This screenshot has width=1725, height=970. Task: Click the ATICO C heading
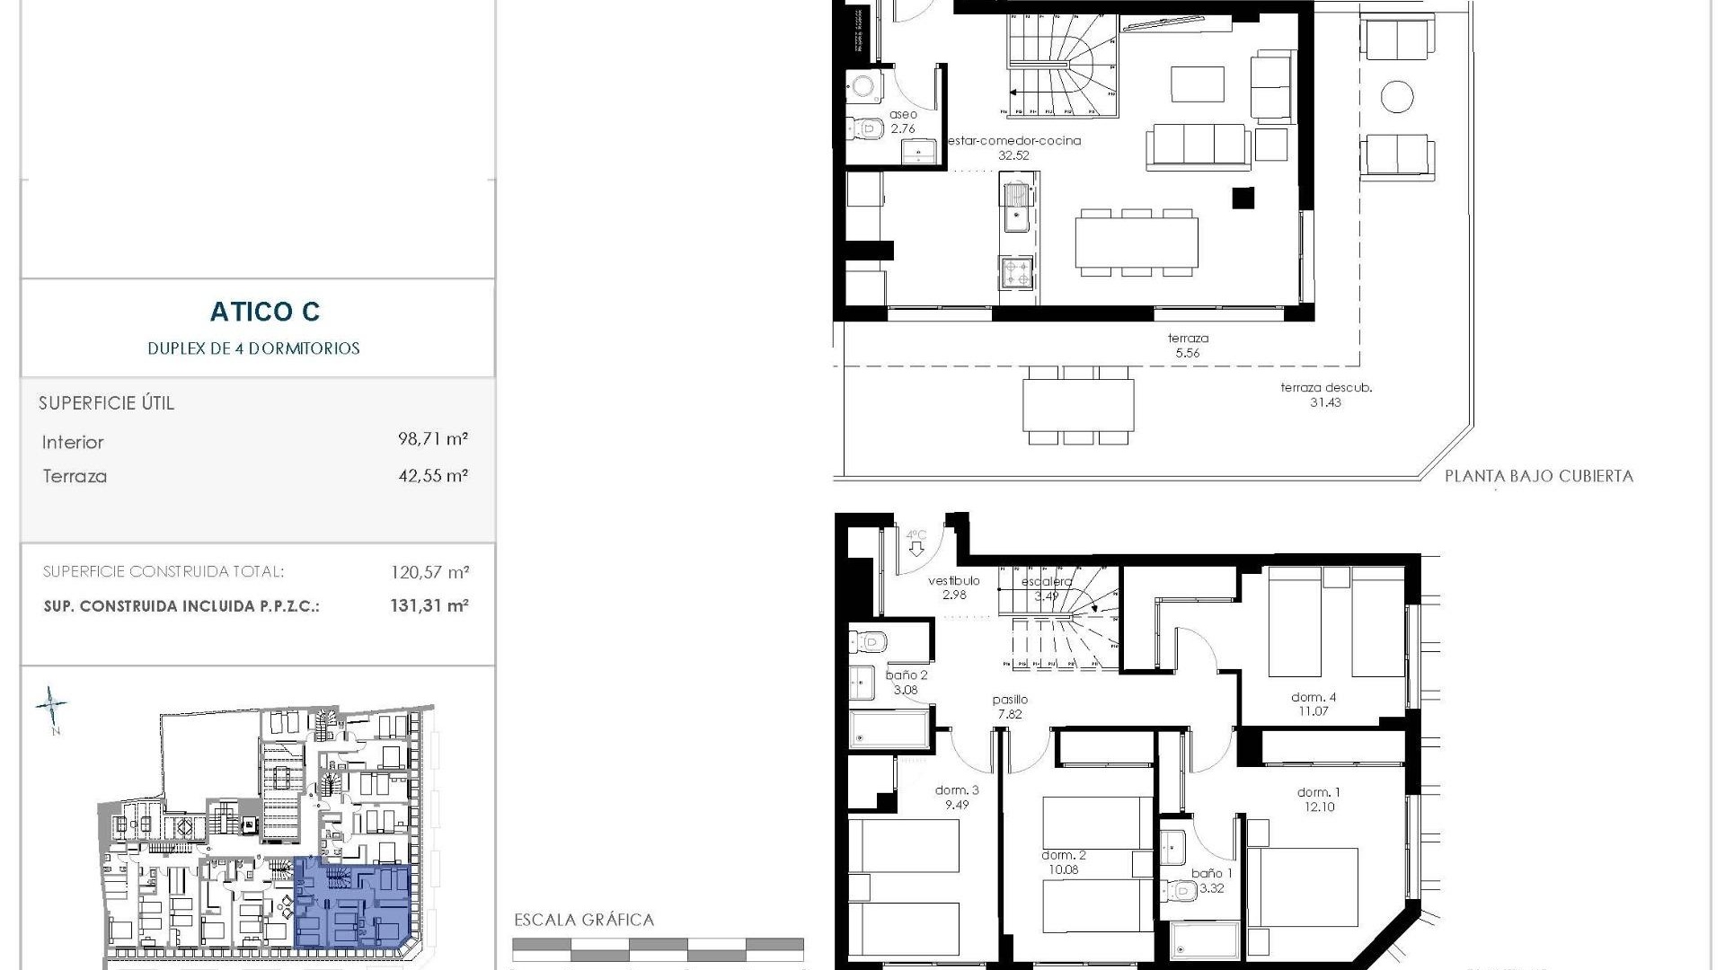coord(265,312)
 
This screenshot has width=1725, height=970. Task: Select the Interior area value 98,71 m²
coord(433,439)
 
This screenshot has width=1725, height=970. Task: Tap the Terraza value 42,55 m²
coord(433,475)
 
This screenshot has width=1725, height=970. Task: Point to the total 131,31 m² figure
coord(429,605)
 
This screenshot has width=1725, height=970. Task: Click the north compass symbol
coord(51,707)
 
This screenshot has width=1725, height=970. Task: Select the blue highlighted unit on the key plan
coord(352,903)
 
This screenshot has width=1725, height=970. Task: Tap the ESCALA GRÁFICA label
coord(584,920)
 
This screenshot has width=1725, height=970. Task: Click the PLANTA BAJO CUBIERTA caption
coord(1538,476)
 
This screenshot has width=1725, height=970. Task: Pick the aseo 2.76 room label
coord(903,121)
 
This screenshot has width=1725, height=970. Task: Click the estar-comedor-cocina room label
coord(1014,141)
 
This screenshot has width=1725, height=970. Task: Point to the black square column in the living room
coord(1243,198)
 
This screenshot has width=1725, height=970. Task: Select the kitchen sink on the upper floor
coord(1016,206)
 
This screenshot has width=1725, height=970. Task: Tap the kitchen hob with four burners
coord(1016,272)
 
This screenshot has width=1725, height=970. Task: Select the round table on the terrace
coord(1397,96)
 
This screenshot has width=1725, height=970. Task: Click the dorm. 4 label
coord(1314,698)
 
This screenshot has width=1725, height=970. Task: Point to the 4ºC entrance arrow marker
coord(916,542)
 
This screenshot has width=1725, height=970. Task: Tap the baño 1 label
coord(1212,873)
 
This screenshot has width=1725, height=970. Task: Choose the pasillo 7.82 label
coord(1010,707)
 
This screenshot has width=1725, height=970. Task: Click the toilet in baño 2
coord(868,641)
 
